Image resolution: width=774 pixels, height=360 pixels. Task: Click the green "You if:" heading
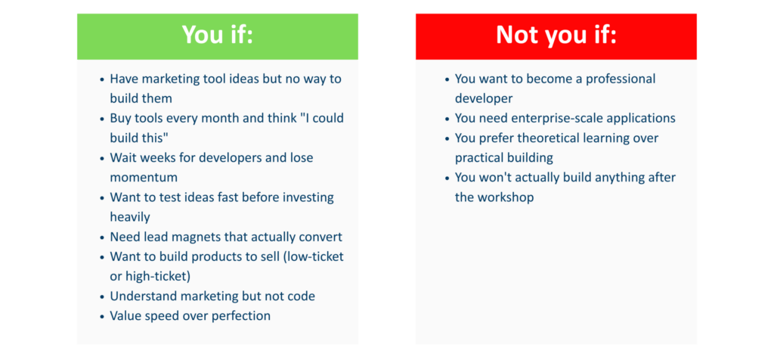pyautogui.click(x=217, y=36)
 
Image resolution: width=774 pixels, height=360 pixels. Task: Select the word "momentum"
pyautogui.click(x=144, y=177)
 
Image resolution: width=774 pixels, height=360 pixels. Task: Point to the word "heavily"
pyautogui.click(x=130, y=217)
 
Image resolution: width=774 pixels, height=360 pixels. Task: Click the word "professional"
pyautogui.click(x=621, y=79)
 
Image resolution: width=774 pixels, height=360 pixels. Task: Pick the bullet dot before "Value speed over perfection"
pyautogui.click(x=102, y=317)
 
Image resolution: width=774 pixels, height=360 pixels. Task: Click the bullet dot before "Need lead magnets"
pyautogui.click(x=102, y=237)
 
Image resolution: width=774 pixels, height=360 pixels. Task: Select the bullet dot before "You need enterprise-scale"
pyautogui.click(x=447, y=119)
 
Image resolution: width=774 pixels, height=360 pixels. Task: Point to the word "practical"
pyautogui.click(x=478, y=158)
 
